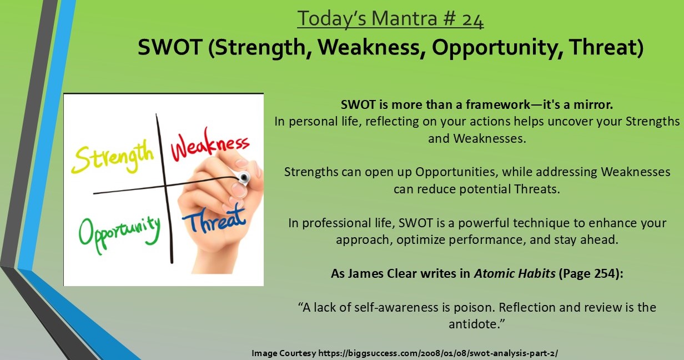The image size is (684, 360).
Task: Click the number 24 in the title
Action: [472, 19]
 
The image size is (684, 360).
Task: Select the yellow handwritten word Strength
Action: [112, 158]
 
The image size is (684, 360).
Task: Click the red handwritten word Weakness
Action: [210, 144]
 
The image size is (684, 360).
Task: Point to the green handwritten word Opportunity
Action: [119, 234]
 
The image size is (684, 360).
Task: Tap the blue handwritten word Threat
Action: [214, 220]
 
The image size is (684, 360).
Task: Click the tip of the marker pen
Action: [244, 177]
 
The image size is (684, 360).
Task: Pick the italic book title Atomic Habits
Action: [515, 273]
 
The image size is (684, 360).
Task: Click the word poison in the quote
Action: [474, 307]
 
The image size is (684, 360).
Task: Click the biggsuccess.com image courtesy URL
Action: [438, 353]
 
